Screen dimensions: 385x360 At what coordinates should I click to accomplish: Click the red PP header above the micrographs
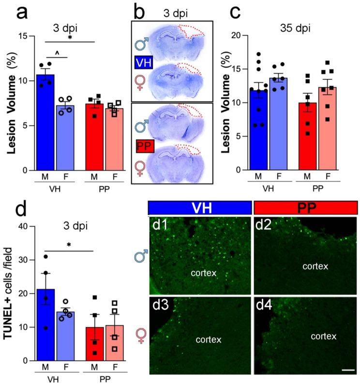tap(305, 208)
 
